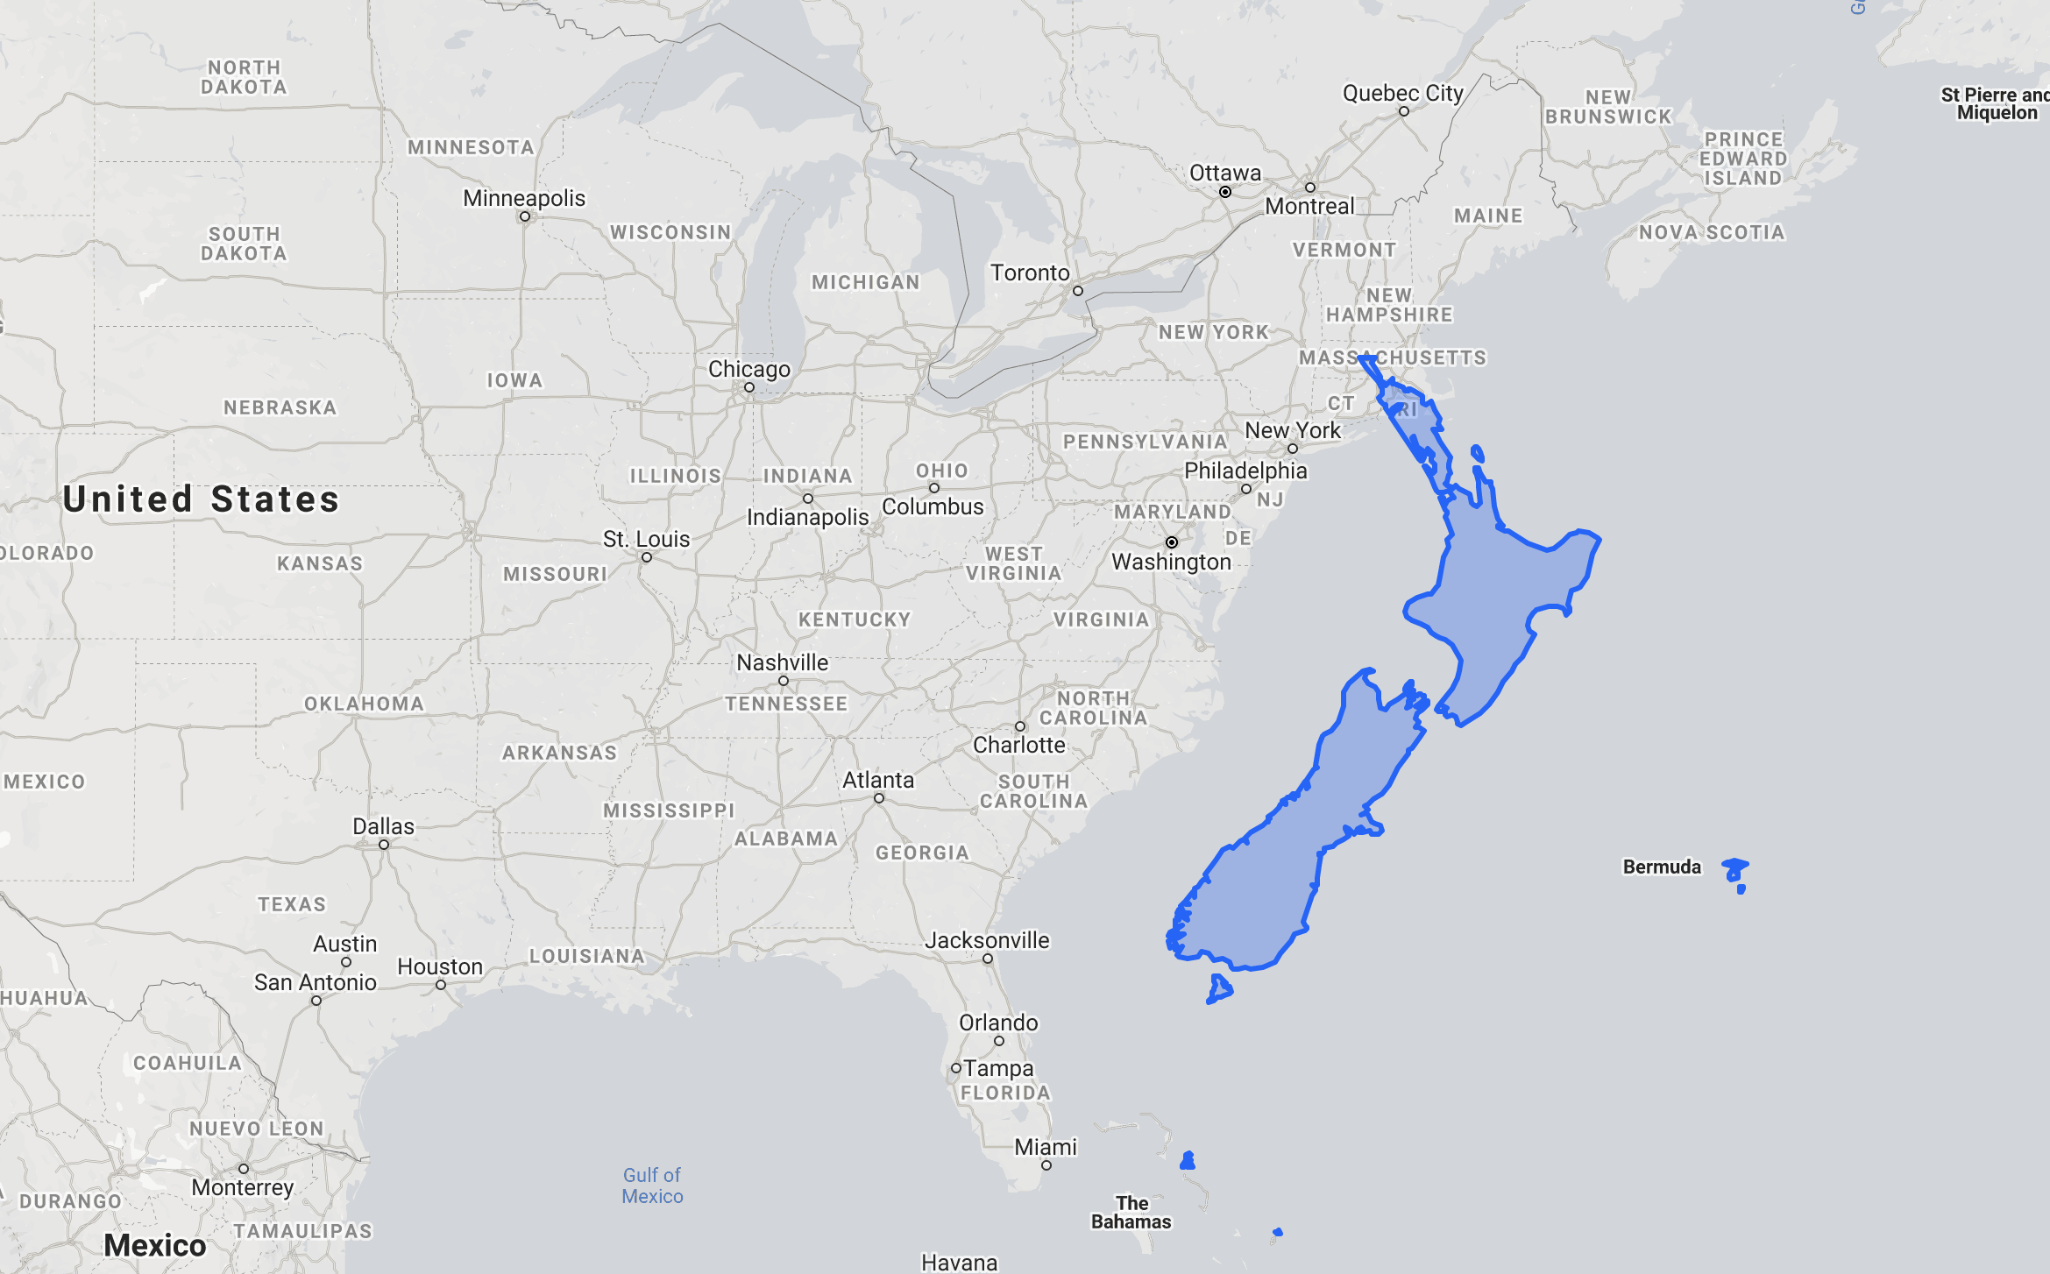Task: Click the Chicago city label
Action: tap(748, 369)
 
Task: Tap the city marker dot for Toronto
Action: tap(1077, 291)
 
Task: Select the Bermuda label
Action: tap(1661, 867)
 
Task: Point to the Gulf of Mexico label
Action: tap(651, 1186)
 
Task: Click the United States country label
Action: tap(201, 499)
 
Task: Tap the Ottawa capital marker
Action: tap(1224, 192)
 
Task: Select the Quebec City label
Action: tap(1402, 93)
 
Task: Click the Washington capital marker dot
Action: tap(1171, 542)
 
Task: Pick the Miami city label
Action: tap(1045, 1147)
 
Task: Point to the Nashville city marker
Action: tap(783, 681)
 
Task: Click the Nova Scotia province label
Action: tap(1711, 232)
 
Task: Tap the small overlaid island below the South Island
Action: tap(1219, 988)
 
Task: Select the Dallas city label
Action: tap(383, 826)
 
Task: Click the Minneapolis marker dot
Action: tap(524, 216)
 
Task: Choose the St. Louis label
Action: tap(646, 539)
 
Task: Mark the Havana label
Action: tap(959, 1263)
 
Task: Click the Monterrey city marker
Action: tap(244, 1169)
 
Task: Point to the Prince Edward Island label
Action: tap(1742, 159)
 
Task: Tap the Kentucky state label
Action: tap(854, 619)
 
